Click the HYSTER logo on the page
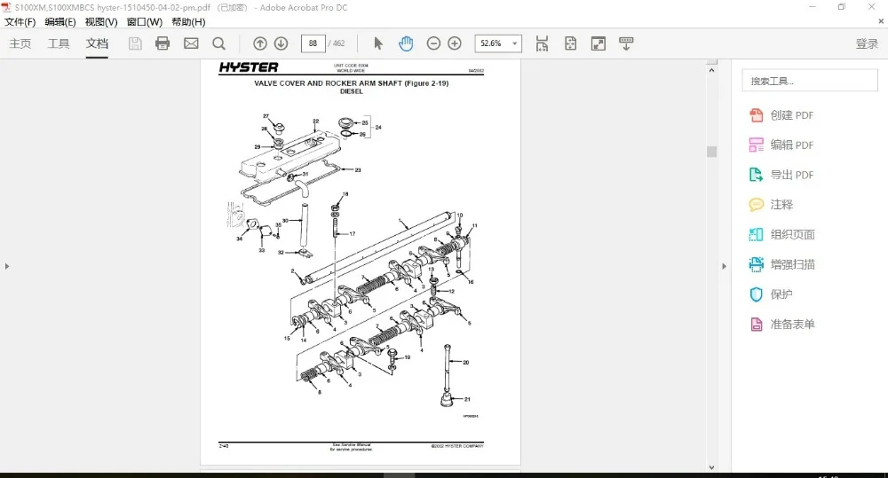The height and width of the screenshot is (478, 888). [x=249, y=67]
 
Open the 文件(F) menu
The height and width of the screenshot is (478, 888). [x=20, y=22]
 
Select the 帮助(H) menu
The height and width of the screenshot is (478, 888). [x=187, y=22]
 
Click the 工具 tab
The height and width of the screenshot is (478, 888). [x=59, y=43]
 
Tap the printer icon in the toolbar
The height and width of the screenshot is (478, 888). [x=163, y=43]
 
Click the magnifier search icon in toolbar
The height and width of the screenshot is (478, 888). [x=218, y=43]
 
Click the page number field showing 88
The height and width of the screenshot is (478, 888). [x=313, y=43]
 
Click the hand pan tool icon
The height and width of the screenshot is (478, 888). [x=406, y=43]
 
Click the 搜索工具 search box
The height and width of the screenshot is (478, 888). [x=809, y=81]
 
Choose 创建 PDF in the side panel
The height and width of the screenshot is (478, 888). [x=791, y=115]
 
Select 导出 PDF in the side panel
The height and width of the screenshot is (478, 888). [x=791, y=175]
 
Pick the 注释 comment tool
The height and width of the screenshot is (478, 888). [x=781, y=205]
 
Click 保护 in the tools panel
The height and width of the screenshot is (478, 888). [x=781, y=294]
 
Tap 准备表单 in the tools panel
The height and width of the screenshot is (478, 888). [x=792, y=325]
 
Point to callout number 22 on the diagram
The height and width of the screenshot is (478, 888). [x=315, y=121]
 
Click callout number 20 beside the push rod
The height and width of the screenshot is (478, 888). [x=466, y=363]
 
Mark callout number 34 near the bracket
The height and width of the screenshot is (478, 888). [x=239, y=239]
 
